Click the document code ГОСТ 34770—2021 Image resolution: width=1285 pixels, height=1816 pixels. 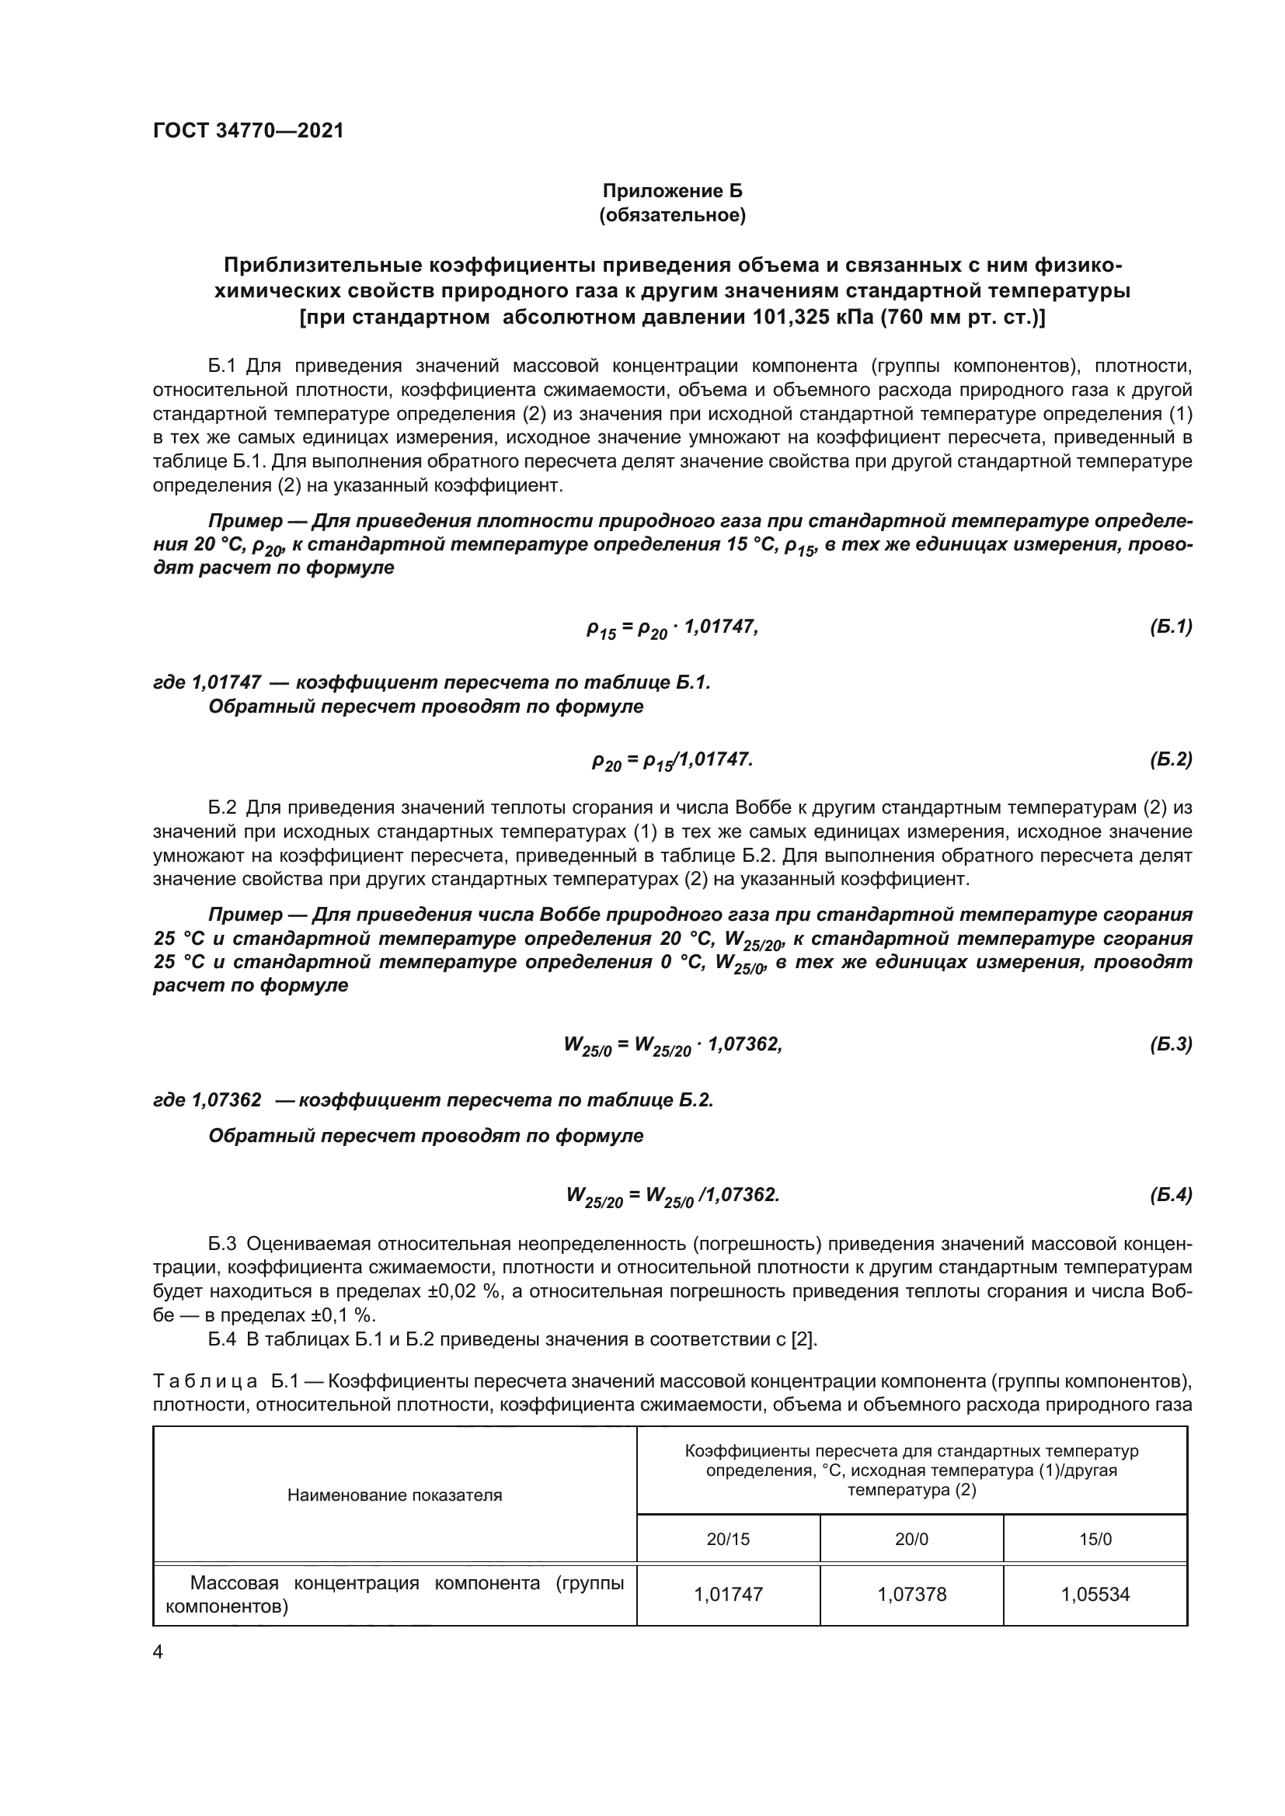[x=249, y=130]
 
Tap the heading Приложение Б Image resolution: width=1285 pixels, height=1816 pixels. [x=673, y=192]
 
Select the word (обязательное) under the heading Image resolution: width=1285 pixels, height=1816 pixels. [x=673, y=215]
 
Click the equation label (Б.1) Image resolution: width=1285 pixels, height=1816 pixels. [x=1170, y=627]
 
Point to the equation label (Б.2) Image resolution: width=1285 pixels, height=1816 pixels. [x=1170, y=760]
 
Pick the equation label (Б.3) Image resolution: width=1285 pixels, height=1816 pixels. [x=1170, y=1044]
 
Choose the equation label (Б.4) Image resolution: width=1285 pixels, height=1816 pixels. [x=1170, y=1194]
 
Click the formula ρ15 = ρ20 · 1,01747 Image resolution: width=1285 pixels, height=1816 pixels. [x=672, y=629]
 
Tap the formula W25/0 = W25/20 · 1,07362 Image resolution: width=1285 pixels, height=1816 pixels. [x=672, y=1046]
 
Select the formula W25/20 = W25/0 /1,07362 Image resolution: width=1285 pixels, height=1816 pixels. [x=672, y=1196]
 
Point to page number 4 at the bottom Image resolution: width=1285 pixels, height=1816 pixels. [x=158, y=1653]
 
